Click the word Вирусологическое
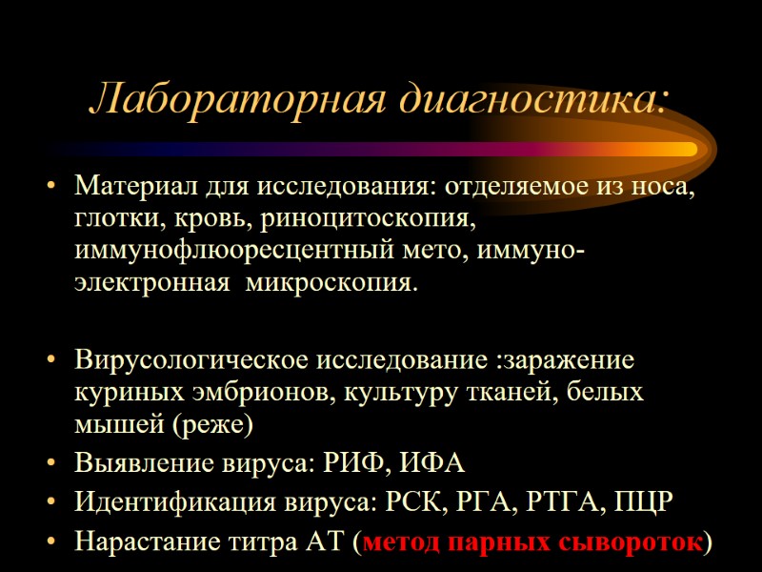(190, 362)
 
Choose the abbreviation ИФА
(428, 464)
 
